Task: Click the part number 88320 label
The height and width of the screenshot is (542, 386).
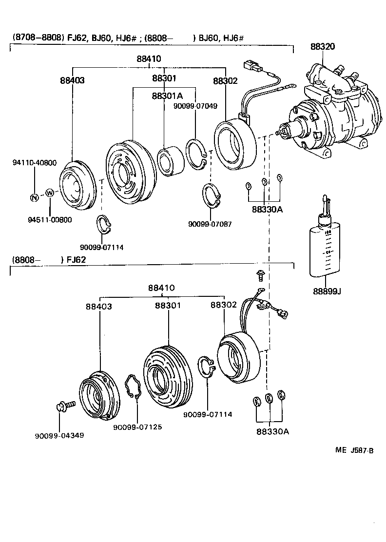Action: pos(322,47)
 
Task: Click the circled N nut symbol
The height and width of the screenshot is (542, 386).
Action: pos(34,197)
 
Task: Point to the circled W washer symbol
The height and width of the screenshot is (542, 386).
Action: pos(50,193)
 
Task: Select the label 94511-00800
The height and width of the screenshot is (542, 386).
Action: pos(46,220)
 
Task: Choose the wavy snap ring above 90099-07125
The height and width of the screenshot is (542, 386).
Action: pos(133,386)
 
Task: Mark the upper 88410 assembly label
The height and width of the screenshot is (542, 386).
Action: pos(149,59)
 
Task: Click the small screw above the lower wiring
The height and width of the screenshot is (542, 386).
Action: pos(259,276)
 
